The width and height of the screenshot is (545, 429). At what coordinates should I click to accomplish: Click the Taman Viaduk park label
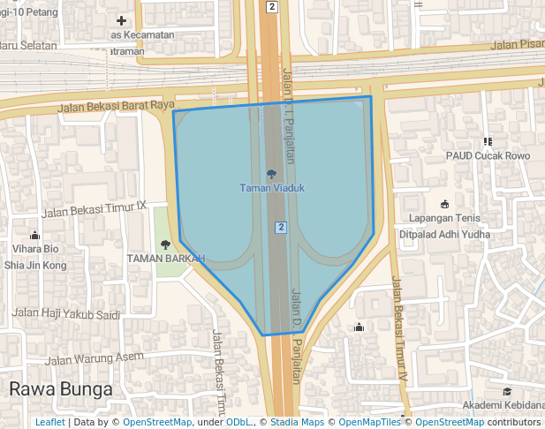(x=271, y=187)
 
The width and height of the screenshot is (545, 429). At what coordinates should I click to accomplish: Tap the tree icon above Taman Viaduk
(x=271, y=174)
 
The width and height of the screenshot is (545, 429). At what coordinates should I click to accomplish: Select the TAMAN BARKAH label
(x=165, y=259)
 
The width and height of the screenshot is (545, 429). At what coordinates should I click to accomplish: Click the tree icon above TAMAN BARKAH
(x=165, y=245)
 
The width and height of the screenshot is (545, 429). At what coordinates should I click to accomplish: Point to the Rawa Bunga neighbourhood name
(x=61, y=388)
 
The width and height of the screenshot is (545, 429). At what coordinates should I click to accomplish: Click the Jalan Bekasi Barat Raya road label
(x=116, y=107)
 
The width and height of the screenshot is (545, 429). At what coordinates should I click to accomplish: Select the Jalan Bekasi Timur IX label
(x=94, y=209)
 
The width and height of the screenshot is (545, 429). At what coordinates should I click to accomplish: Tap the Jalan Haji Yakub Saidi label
(x=65, y=313)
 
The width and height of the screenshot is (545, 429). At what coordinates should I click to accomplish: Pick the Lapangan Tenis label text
(x=443, y=218)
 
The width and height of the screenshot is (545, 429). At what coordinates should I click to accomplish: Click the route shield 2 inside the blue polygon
(x=281, y=227)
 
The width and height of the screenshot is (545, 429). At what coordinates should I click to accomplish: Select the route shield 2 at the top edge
(x=271, y=7)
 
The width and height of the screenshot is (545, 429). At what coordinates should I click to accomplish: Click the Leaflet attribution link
(x=49, y=422)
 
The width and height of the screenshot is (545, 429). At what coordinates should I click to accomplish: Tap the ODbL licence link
(x=238, y=422)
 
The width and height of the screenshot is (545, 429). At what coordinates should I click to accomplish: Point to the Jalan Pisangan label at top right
(x=518, y=44)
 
